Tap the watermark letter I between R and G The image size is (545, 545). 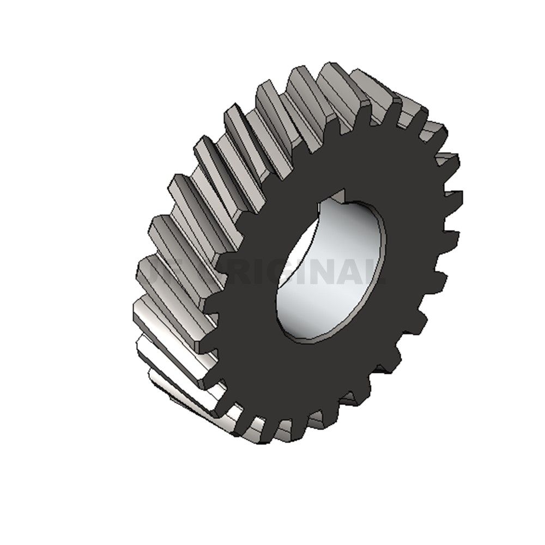point(256,271)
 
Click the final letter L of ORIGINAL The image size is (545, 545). point(376,271)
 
